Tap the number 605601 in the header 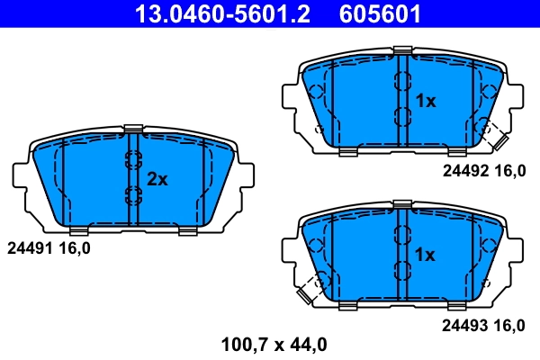pos(379,14)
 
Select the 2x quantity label pos(157,179)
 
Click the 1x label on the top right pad pos(425,101)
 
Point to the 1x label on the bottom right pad pos(425,256)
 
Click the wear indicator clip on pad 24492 pos(493,135)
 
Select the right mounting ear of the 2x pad pos(246,179)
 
